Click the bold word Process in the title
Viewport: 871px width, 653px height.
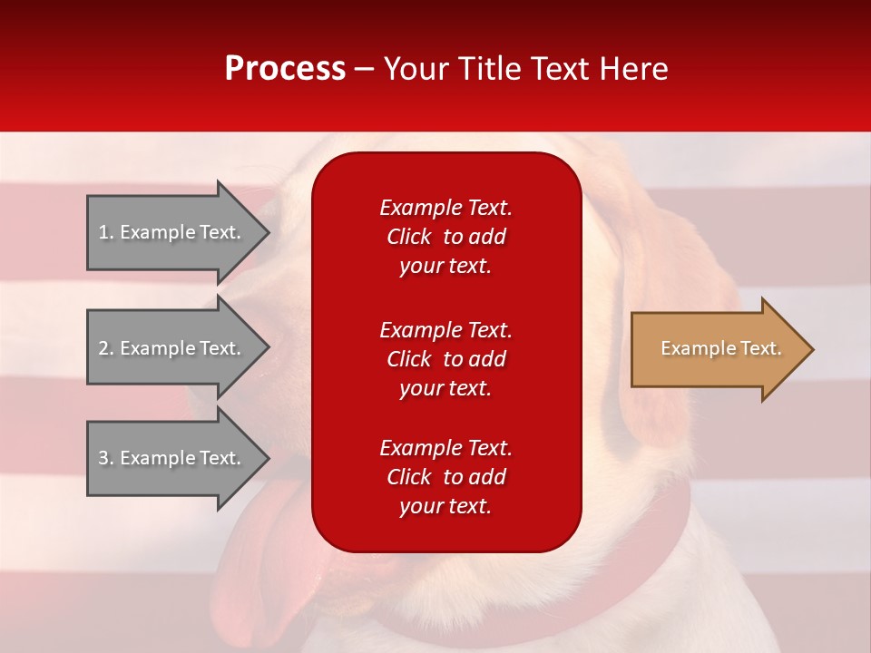coord(285,69)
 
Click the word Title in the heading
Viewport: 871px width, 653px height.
coord(490,69)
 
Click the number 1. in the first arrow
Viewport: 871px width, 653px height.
coord(105,232)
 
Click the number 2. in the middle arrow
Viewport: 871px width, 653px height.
coord(105,348)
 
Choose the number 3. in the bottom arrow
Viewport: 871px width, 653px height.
coord(105,458)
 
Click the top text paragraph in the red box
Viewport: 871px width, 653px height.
coord(445,237)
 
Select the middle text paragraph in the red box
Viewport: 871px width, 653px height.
coord(445,359)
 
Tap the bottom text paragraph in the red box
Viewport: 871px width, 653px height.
coord(445,477)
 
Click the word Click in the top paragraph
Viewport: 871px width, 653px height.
coord(408,237)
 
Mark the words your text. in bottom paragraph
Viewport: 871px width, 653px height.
coord(445,506)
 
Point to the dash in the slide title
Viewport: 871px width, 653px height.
coord(364,69)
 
